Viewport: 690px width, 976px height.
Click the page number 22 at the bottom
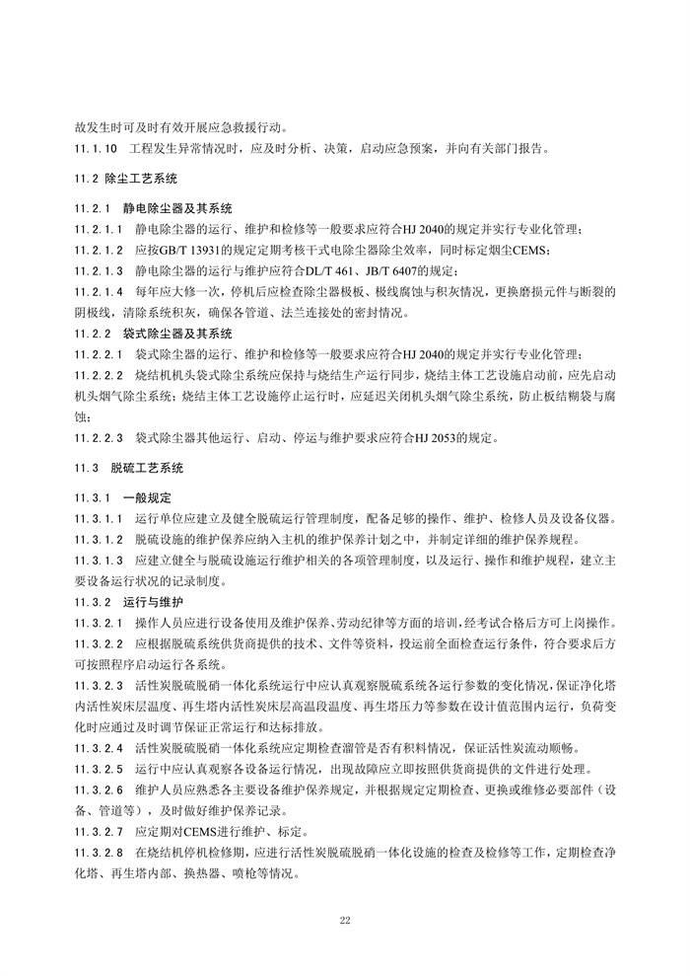(x=345, y=920)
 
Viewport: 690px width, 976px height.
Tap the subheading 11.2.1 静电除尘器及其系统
(x=153, y=209)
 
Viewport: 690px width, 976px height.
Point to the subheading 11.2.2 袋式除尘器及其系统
(x=153, y=334)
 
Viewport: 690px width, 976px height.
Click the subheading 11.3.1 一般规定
(x=123, y=497)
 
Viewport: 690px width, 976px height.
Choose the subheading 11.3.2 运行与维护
(x=129, y=600)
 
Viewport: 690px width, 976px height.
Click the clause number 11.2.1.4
(x=99, y=292)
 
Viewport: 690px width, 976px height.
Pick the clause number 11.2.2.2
(x=99, y=375)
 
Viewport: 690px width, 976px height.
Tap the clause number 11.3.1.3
(x=99, y=560)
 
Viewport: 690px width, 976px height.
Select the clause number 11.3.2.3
(x=99, y=684)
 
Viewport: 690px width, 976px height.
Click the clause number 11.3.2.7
(x=99, y=829)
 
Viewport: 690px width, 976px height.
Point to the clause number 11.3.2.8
(x=99, y=850)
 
